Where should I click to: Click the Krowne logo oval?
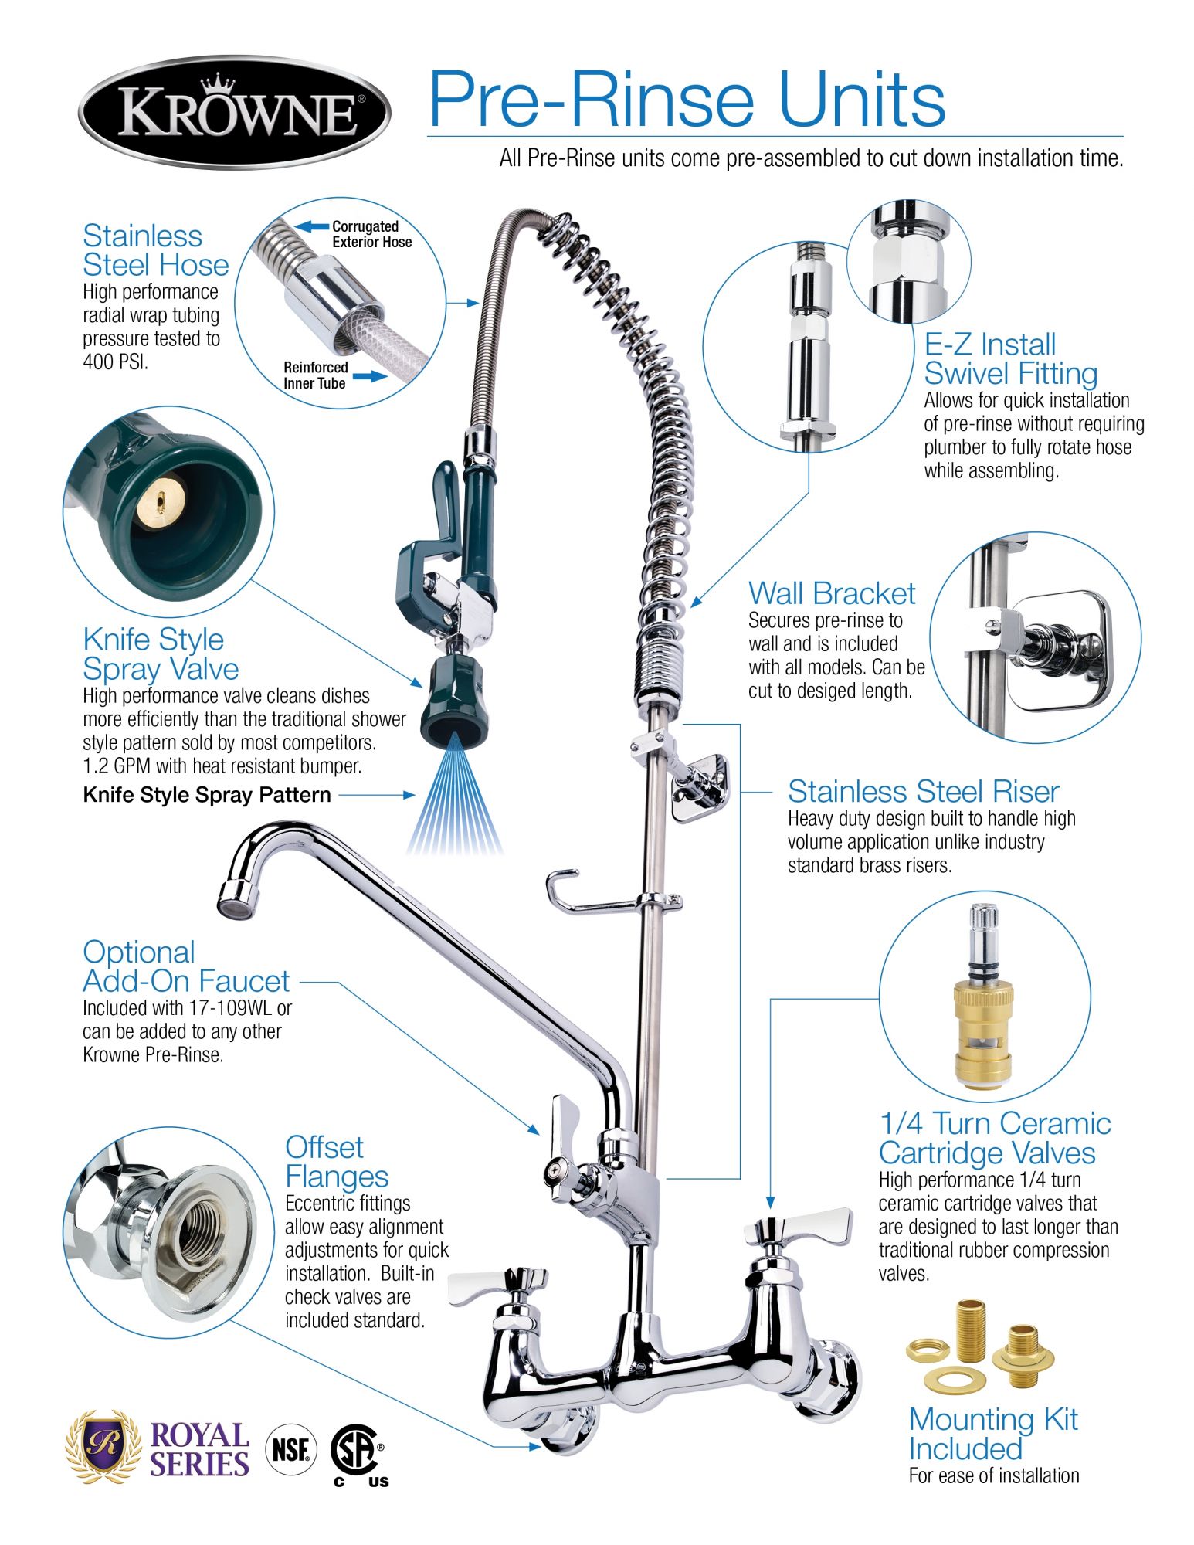pyautogui.click(x=234, y=112)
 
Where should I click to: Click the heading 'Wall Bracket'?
pyautogui.click(x=831, y=593)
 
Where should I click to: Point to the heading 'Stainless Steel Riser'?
pyautogui.click(x=923, y=792)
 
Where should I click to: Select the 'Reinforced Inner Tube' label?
pyautogui.click(x=315, y=375)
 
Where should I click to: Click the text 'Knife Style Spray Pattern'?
pyautogui.click(x=207, y=795)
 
